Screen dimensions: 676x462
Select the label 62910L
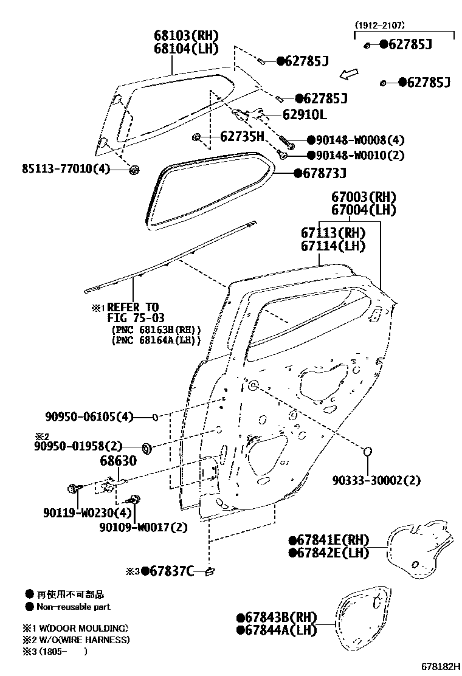pyautogui.click(x=303, y=114)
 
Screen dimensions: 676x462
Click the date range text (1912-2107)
pyautogui.click(x=380, y=26)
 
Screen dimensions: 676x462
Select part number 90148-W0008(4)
pyautogui.click(x=356, y=140)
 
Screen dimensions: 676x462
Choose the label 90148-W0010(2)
pyautogui.click(x=356, y=155)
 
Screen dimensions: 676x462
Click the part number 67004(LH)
pyautogui.click(x=364, y=210)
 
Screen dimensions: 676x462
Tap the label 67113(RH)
pyautogui.click(x=333, y=232)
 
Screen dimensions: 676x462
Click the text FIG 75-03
pyautogui.click(x=136, y=318)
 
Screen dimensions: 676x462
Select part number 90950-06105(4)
pyautogui.click(x=89, y=417)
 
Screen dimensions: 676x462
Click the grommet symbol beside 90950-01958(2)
pyautogui.click(x=147, y=449)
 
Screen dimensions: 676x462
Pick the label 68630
pyautogui.click(x=118, y=461)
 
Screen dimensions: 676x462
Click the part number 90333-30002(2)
pyautogui.click(x=376, y=480)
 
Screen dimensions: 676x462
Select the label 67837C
pyautogui.click(x=168, y=571)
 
